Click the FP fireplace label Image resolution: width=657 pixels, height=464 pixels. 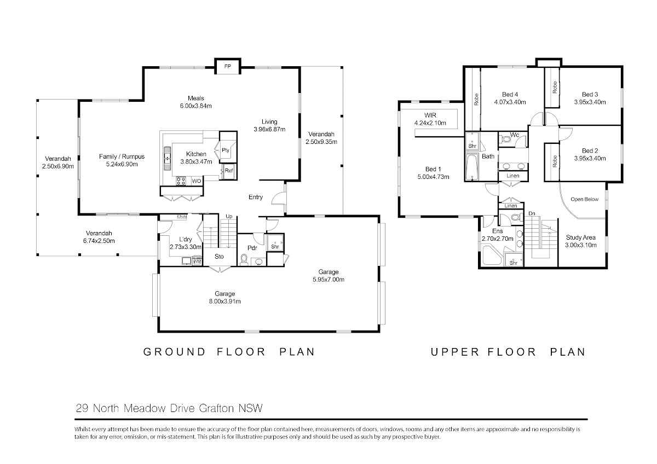[x=228, y=67]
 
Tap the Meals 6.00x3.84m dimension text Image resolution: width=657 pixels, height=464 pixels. [x=195, y=106]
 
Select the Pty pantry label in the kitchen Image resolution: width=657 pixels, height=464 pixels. [x=225, y=150]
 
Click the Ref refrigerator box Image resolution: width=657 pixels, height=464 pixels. [x=229, y=170]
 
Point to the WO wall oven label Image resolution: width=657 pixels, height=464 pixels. [x=197, y=181]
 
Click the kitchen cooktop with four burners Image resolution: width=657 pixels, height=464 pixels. [x=181, y=181]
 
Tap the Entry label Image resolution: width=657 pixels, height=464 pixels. [x=256, y=198]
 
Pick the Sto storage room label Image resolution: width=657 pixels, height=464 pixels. [x=219, y=257]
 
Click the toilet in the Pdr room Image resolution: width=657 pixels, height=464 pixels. [x=244, y=259]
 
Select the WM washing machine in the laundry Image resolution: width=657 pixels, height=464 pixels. [x=197, y=261]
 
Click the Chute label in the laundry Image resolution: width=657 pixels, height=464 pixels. [x=182, y=217]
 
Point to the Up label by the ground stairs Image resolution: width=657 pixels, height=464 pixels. [x=229, y=216]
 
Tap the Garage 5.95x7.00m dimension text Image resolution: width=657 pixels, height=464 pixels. [x=328, y=280]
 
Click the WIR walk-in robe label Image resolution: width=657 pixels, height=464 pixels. [x=430, y=115]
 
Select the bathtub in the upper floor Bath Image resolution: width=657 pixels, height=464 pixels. [x=472, y=167]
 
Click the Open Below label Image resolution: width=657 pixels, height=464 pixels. [x=585, y=199]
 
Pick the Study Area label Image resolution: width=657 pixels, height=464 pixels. [x=581, y=237]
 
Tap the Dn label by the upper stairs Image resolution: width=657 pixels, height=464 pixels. [x=532, y=214]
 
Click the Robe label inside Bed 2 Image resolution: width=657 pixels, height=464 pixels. [x=555, y=161]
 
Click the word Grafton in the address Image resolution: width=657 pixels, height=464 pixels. [x=216, y=408]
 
